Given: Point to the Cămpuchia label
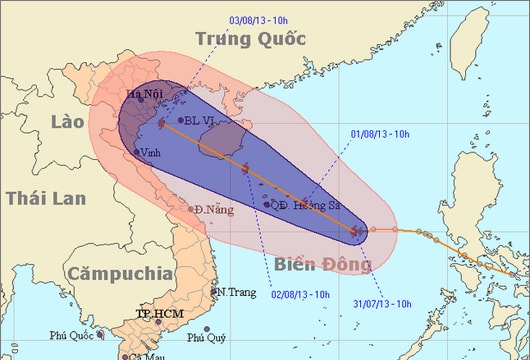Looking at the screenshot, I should coord(115,272).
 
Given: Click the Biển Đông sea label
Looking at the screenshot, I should coord(322,265).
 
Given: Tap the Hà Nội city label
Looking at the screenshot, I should coord(145,95).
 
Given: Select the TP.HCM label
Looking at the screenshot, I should coord(160,314).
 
